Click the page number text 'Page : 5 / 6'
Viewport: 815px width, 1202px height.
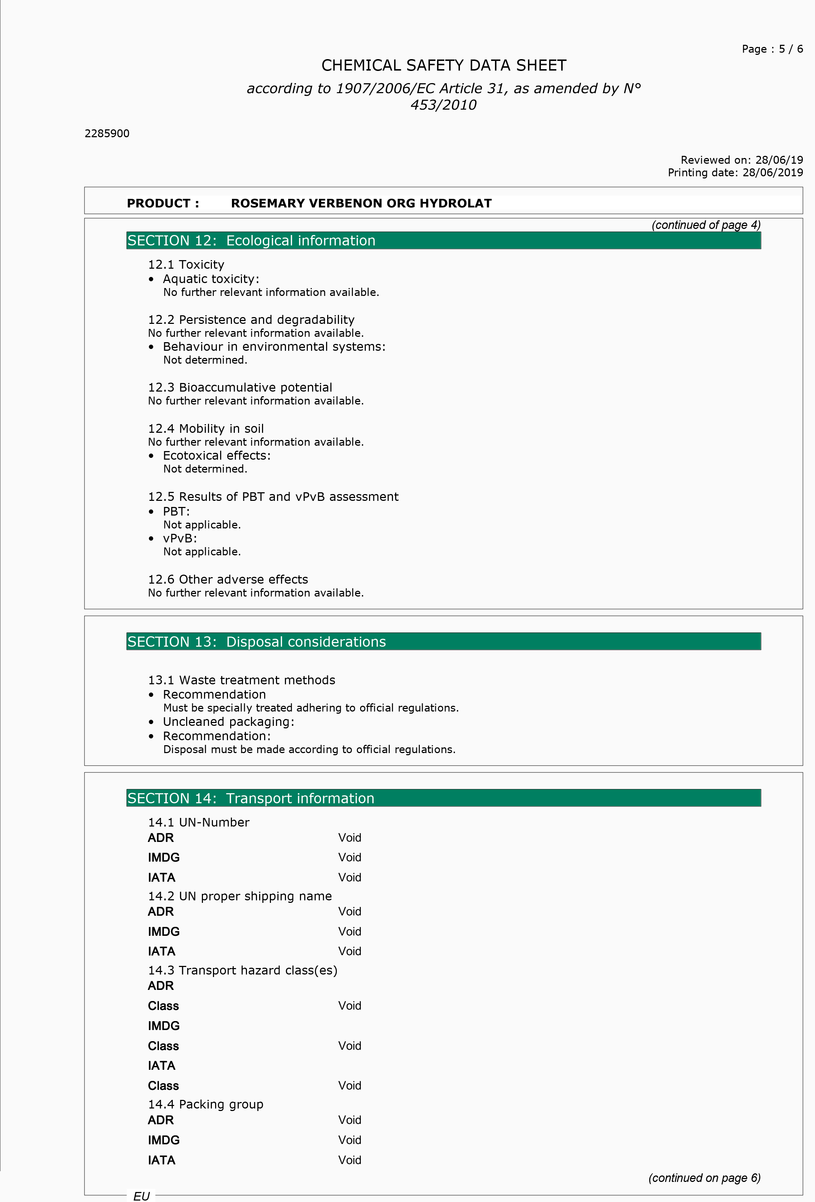coord(772,49)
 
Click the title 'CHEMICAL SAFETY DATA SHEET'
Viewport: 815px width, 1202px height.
coord(443,66)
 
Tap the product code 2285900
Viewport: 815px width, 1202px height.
coord(107,133)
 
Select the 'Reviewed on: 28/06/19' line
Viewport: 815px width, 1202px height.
coord(741,160)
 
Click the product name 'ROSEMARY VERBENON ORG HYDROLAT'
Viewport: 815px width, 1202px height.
coord(361,203)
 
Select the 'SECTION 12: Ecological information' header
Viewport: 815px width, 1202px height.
coord(251,240)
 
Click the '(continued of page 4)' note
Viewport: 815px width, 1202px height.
coord(705,225)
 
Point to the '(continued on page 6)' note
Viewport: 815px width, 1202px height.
coord(704,1178)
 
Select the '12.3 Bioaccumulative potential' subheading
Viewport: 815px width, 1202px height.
coord(240,387)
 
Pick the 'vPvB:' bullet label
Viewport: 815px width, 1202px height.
coord(180,538)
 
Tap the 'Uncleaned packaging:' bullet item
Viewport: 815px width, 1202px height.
coord(228,722)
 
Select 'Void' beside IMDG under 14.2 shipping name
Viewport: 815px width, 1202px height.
coord(349,932)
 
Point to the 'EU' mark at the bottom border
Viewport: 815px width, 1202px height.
coord(141,1196)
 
